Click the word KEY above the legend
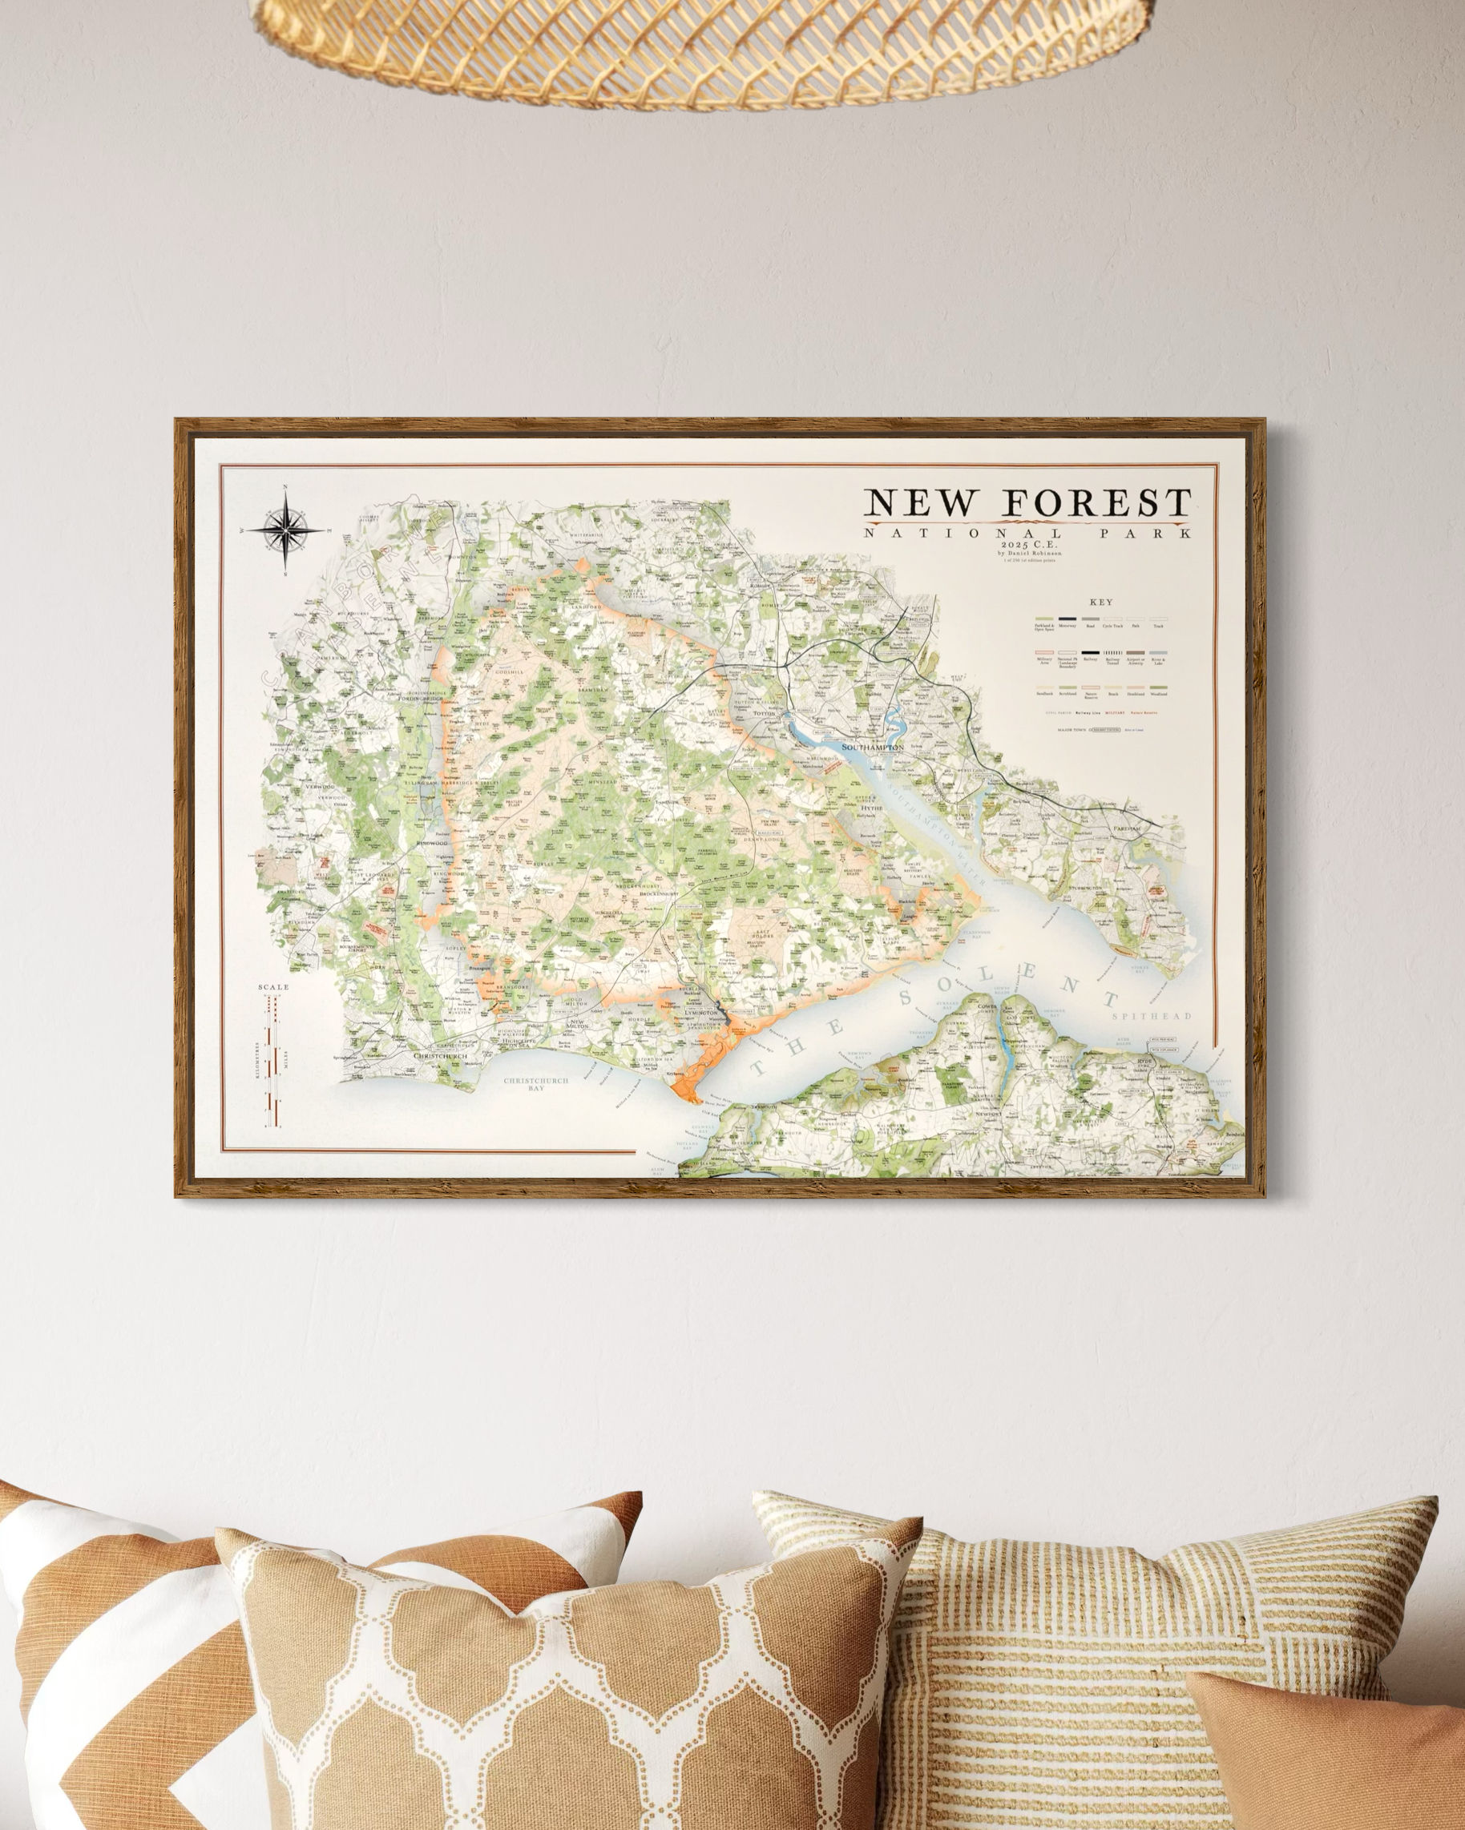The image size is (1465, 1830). (1104, 603)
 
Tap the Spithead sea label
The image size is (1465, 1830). (1152, 1016)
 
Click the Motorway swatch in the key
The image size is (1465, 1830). (1067, 619)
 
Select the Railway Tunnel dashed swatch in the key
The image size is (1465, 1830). (1112, 653)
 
